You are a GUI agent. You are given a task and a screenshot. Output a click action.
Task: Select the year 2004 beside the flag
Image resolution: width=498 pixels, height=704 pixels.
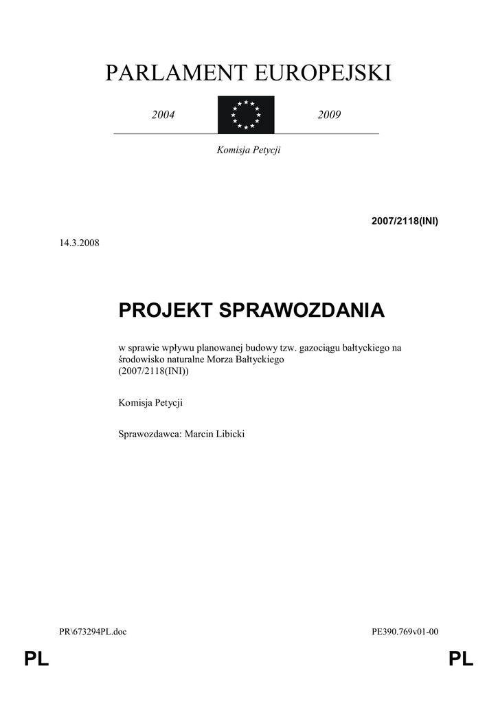[x=163, y=115]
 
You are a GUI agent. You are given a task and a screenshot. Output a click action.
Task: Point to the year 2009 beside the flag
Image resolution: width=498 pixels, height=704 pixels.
[x=329, y=115]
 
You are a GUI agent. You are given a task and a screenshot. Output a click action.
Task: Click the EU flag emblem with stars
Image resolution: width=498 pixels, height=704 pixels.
[x=246, y=115]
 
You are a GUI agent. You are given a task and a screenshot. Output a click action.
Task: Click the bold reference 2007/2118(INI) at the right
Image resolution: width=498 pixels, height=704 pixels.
[x=405, y=221]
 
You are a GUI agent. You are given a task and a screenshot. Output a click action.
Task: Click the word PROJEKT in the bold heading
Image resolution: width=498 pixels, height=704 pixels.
[x=166, y=310]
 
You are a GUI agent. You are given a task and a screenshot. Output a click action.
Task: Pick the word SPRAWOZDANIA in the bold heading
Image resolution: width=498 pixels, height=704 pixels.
[x=302, y=310]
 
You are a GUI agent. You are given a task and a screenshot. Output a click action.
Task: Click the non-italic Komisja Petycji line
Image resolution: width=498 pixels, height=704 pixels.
[x=150, y=403]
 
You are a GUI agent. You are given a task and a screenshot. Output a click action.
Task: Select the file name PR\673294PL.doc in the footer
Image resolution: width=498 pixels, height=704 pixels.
[x=93, y=632]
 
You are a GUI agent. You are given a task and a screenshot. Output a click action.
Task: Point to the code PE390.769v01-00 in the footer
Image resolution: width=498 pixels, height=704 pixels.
[x=404, y=632]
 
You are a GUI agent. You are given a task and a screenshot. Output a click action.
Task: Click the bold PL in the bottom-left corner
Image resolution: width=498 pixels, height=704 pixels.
[x=36, y=661]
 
